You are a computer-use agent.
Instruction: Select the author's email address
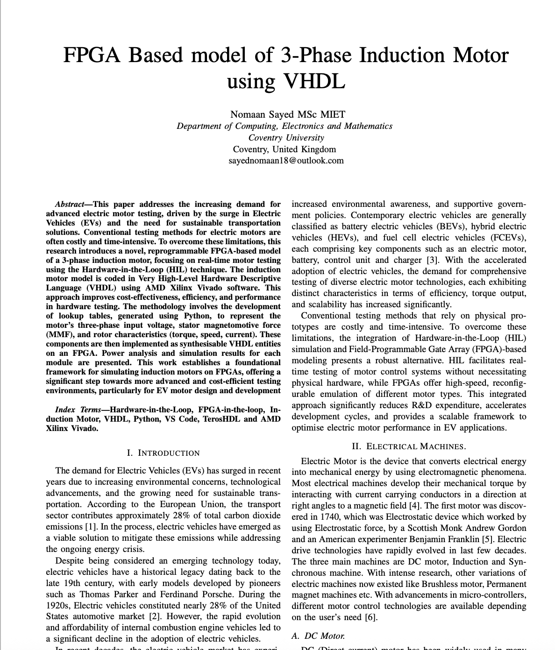(x=286, y=161)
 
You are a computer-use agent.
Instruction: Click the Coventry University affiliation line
(x=286, y=138)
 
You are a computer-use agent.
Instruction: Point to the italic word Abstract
(x=70, y=204)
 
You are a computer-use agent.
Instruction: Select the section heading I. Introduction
(x=163, y=453)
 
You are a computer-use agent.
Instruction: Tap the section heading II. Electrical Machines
(x=409, y=446)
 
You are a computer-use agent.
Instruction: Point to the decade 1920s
(x=58, y=606)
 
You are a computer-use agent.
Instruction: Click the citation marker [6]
(x=370, y=617)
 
